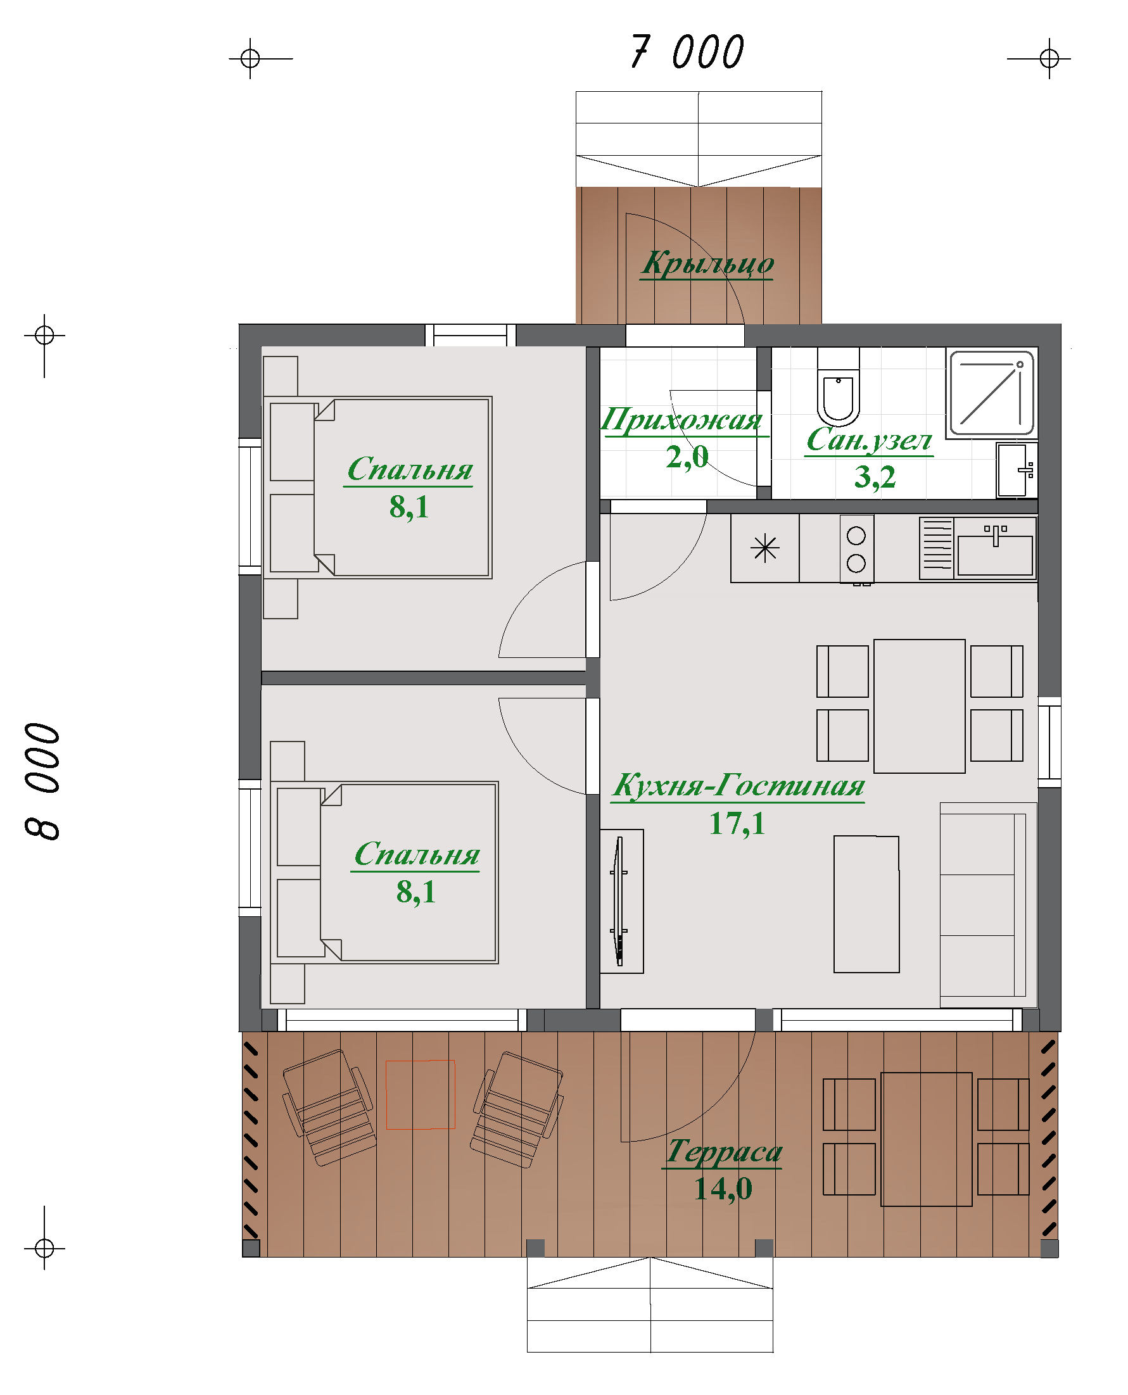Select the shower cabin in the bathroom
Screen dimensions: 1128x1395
click(992, 394)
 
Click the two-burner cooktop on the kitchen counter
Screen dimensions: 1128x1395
click(856, 550)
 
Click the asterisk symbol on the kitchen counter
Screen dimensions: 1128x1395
click(765, 548)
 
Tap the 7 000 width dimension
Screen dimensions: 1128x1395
click(688, 52)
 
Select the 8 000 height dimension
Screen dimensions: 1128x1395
click(43, 781)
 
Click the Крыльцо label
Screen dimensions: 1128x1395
click(707, 263)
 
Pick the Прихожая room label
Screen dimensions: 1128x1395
click(681, 420)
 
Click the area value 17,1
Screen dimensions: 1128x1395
click(737, 824)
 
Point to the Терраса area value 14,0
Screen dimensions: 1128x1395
click(723, 1189)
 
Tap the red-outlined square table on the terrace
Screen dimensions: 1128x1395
click(421, 1095)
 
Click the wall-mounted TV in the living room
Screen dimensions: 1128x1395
click(620, 901)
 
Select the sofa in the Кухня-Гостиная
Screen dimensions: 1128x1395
click(987, 905)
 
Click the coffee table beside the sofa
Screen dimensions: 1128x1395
click(866, 904)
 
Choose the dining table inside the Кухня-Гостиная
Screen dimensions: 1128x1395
click(920, 706)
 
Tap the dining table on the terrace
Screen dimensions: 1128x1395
click(927, 1139)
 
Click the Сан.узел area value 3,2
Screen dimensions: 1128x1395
click(875, 477)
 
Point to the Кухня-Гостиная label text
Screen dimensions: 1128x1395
click(738, 786)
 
